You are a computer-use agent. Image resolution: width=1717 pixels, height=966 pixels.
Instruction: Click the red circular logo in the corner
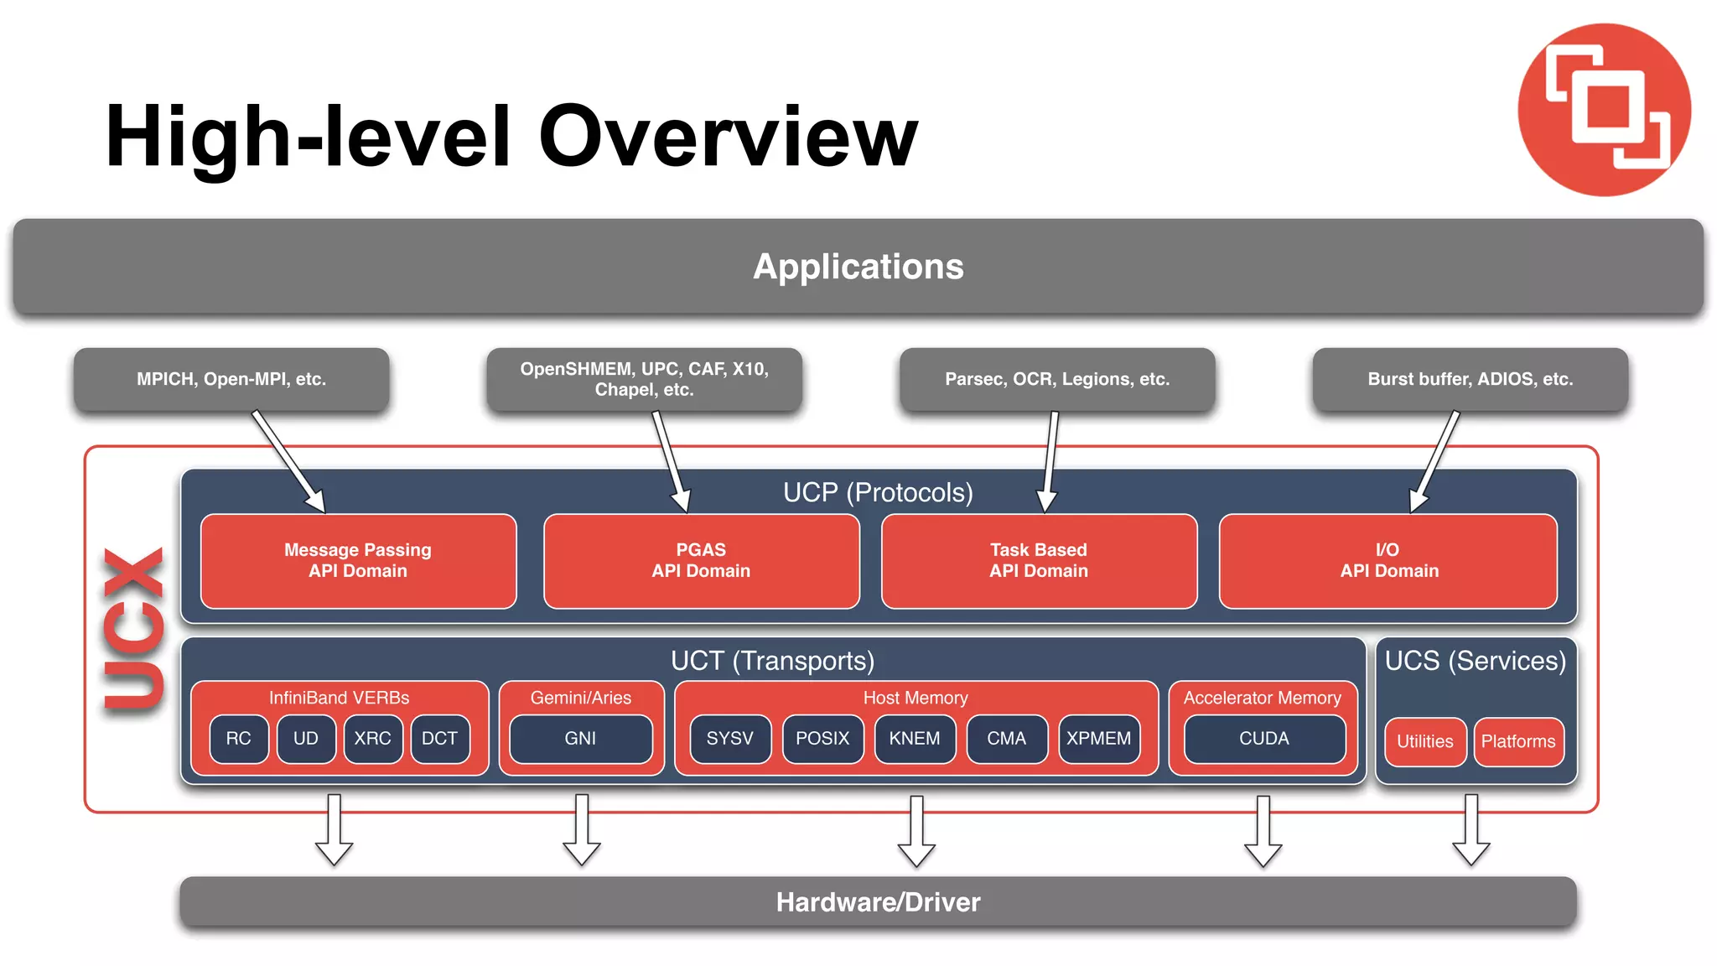pos(1604,110)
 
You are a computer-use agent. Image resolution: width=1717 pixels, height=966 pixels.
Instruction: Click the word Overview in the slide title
pos(728,137)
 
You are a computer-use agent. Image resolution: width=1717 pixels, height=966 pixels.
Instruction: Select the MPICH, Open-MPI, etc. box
pos(231,379)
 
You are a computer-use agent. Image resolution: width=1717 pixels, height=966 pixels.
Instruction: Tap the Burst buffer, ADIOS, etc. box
pos(1470,379)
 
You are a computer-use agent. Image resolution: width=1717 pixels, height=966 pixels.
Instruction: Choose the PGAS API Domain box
pos(701,560)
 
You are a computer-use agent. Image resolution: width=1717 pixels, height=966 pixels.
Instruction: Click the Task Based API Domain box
pos(1038,560)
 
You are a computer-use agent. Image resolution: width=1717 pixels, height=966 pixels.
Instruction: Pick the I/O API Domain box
pos(1388,560)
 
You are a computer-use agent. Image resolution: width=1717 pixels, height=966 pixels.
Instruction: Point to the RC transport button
pos(239,739)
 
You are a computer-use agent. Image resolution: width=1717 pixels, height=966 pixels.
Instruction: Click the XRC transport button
pos(372,739)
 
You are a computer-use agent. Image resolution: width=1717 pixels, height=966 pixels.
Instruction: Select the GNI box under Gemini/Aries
pos(580,739)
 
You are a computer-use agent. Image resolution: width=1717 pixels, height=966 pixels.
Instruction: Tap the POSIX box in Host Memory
pos(822,739)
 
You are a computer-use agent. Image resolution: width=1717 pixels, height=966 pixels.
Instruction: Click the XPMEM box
pos(1098,739)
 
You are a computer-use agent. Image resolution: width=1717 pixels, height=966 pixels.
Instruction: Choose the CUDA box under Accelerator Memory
pos(1264,739)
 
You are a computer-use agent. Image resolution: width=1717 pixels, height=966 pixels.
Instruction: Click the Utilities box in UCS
pos(1424,742)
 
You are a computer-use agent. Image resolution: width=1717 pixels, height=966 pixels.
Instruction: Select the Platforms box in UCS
pos(1517,742)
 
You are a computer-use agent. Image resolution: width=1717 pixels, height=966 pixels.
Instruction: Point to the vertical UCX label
pos(134,630)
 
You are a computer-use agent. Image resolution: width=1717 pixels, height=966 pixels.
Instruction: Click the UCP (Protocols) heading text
pos(878,492)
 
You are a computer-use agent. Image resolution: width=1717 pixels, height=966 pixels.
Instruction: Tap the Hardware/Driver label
pos(878,902)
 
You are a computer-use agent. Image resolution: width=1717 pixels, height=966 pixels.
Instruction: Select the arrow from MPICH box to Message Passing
pos(288,461)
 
